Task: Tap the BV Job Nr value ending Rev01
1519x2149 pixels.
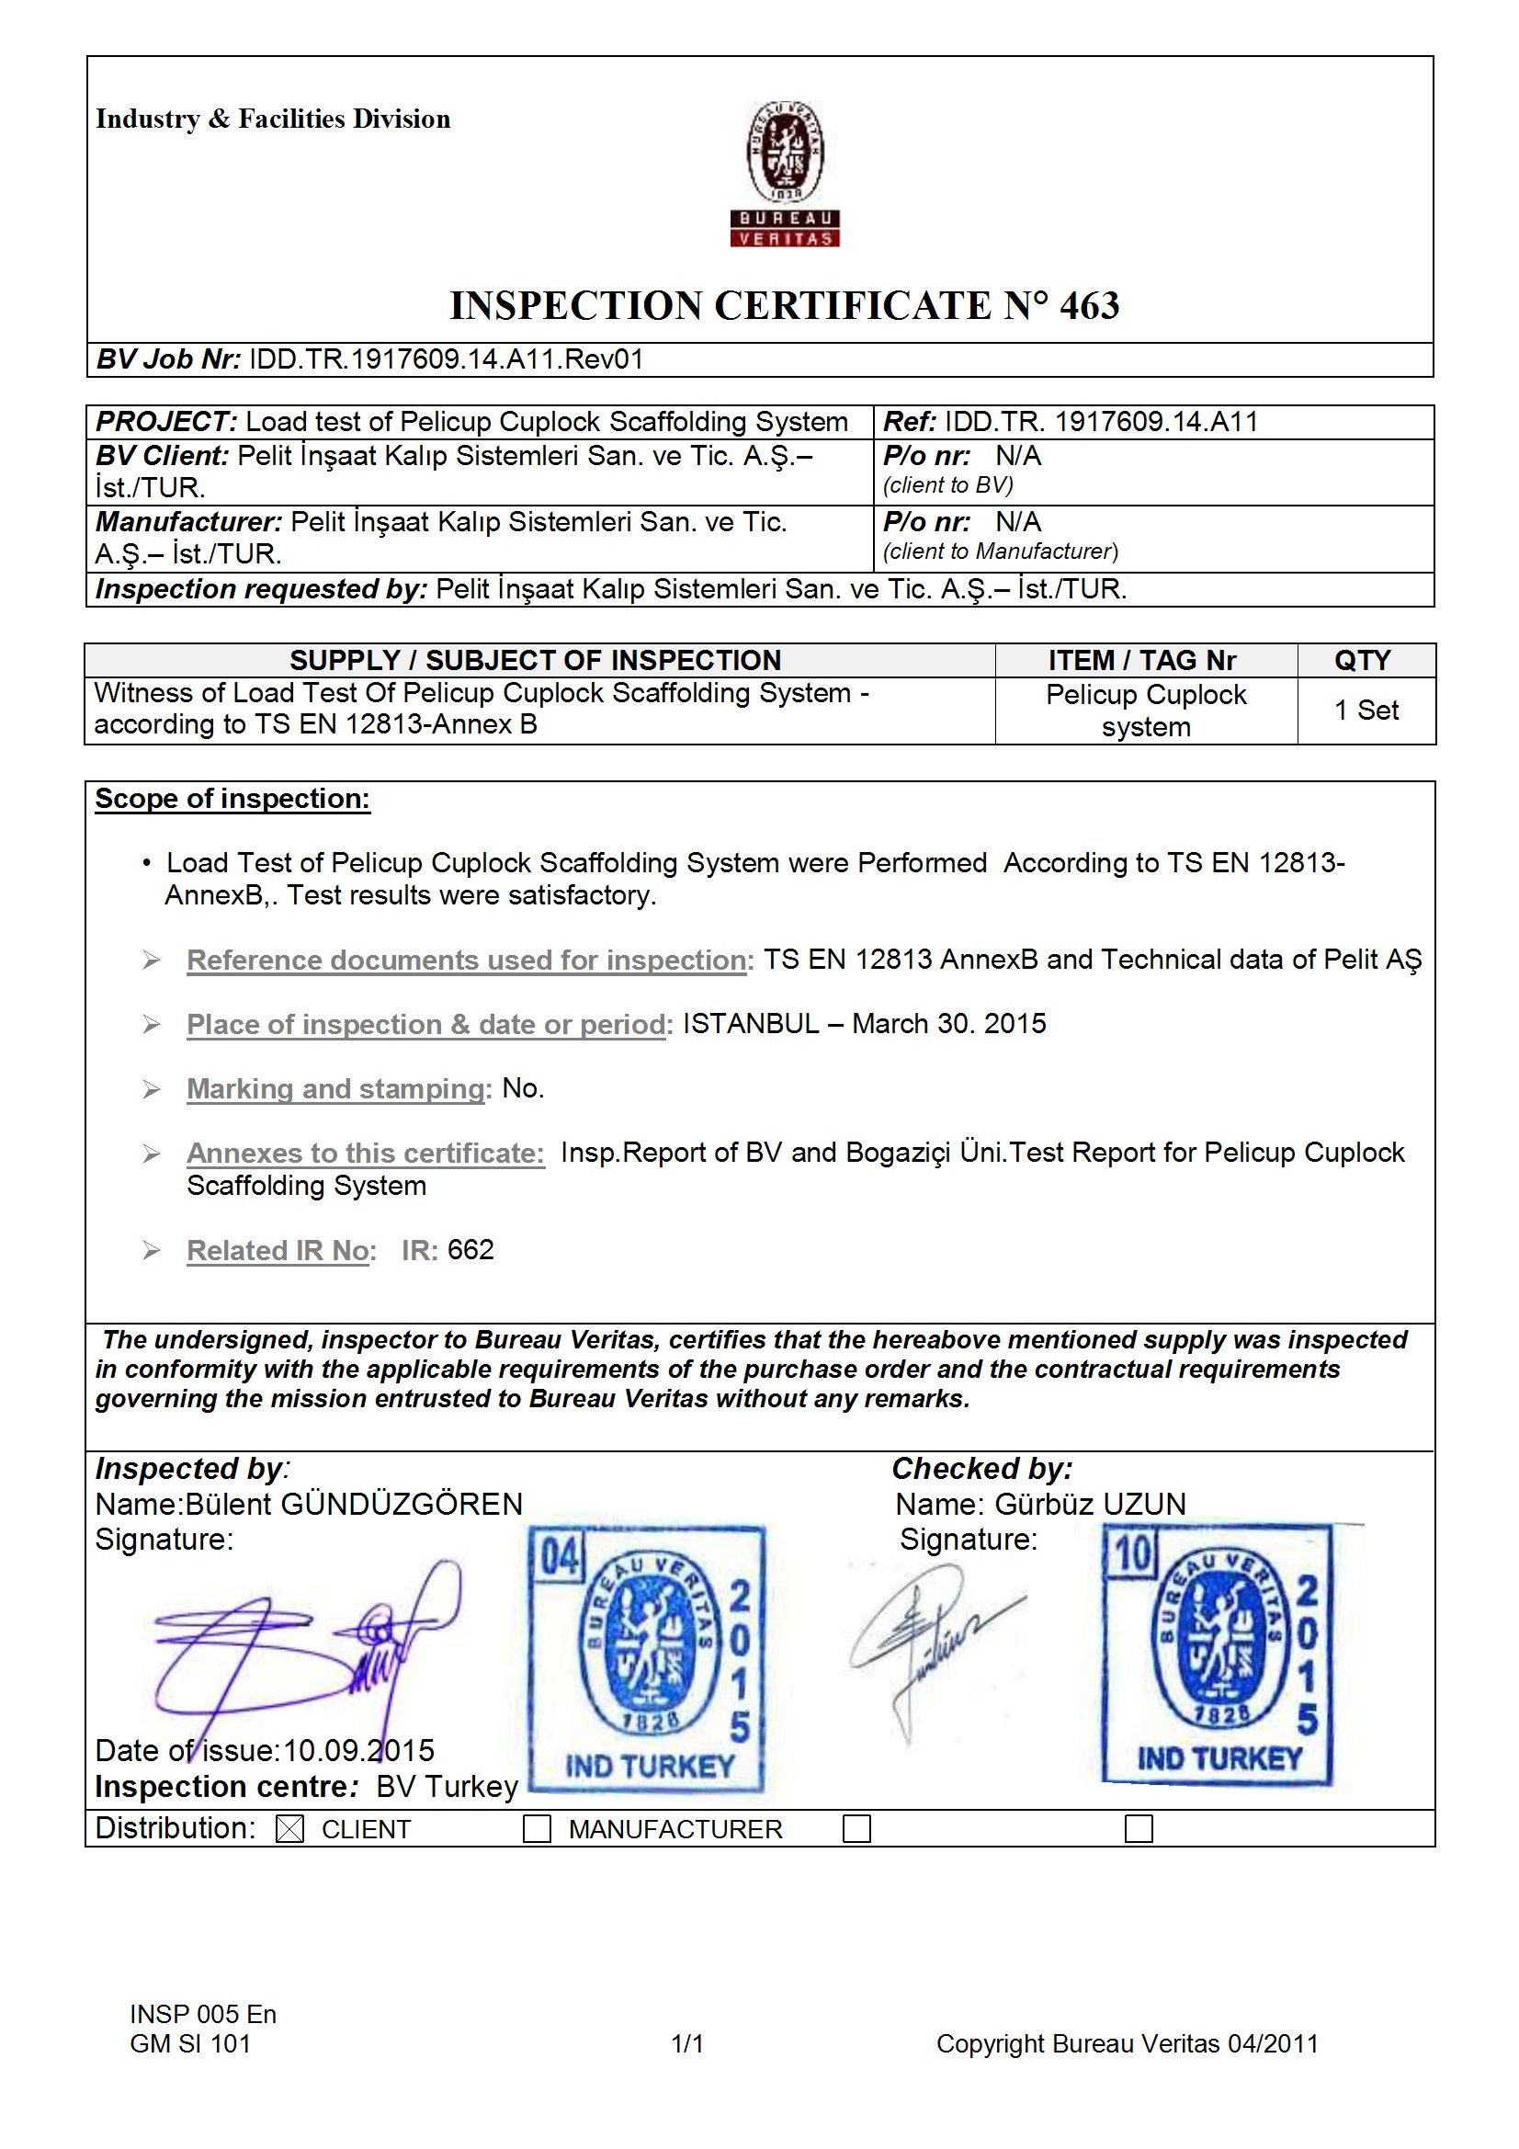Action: click(447, 359)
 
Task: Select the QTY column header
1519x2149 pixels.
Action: click(1362, 661)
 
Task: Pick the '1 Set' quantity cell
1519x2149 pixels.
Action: click(1366, 711)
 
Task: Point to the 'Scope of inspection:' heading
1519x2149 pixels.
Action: click(232, 799)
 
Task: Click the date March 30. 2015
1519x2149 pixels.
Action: click(949, 1024)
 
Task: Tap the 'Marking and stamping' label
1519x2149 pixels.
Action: click(336, 1088)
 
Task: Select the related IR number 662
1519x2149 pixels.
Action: click(470, 1250)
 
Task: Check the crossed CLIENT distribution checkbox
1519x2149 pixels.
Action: click(290, 1829)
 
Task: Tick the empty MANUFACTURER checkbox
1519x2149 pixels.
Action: click(537, 1829)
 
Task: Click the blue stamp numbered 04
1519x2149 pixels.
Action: click(647, 1658)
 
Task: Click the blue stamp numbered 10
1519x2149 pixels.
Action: click(1218, 1654)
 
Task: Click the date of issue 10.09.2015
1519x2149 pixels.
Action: click(358, 1750)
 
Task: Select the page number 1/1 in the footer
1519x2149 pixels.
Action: click(687, 2043)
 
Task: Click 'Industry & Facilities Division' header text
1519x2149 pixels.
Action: click(272, 119)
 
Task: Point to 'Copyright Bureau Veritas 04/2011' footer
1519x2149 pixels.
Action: click(1127, 2043)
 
